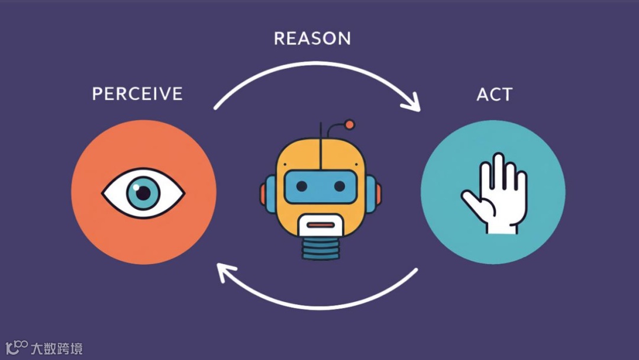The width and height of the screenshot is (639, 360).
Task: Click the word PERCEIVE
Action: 137,94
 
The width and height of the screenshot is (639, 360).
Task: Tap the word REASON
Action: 312,38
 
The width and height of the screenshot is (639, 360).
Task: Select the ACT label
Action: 494,94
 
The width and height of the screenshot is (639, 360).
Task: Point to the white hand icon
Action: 496,195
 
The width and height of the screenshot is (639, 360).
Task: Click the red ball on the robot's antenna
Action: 349,124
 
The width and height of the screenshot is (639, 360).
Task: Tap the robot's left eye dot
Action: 301,187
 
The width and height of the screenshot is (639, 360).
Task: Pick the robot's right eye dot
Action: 339,187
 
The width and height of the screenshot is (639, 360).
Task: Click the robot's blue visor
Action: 320,187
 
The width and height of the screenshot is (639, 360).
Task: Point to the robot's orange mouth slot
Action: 320,225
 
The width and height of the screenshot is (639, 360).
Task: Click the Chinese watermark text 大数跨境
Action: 57,348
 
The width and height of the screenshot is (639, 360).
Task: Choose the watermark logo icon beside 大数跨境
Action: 17,347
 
